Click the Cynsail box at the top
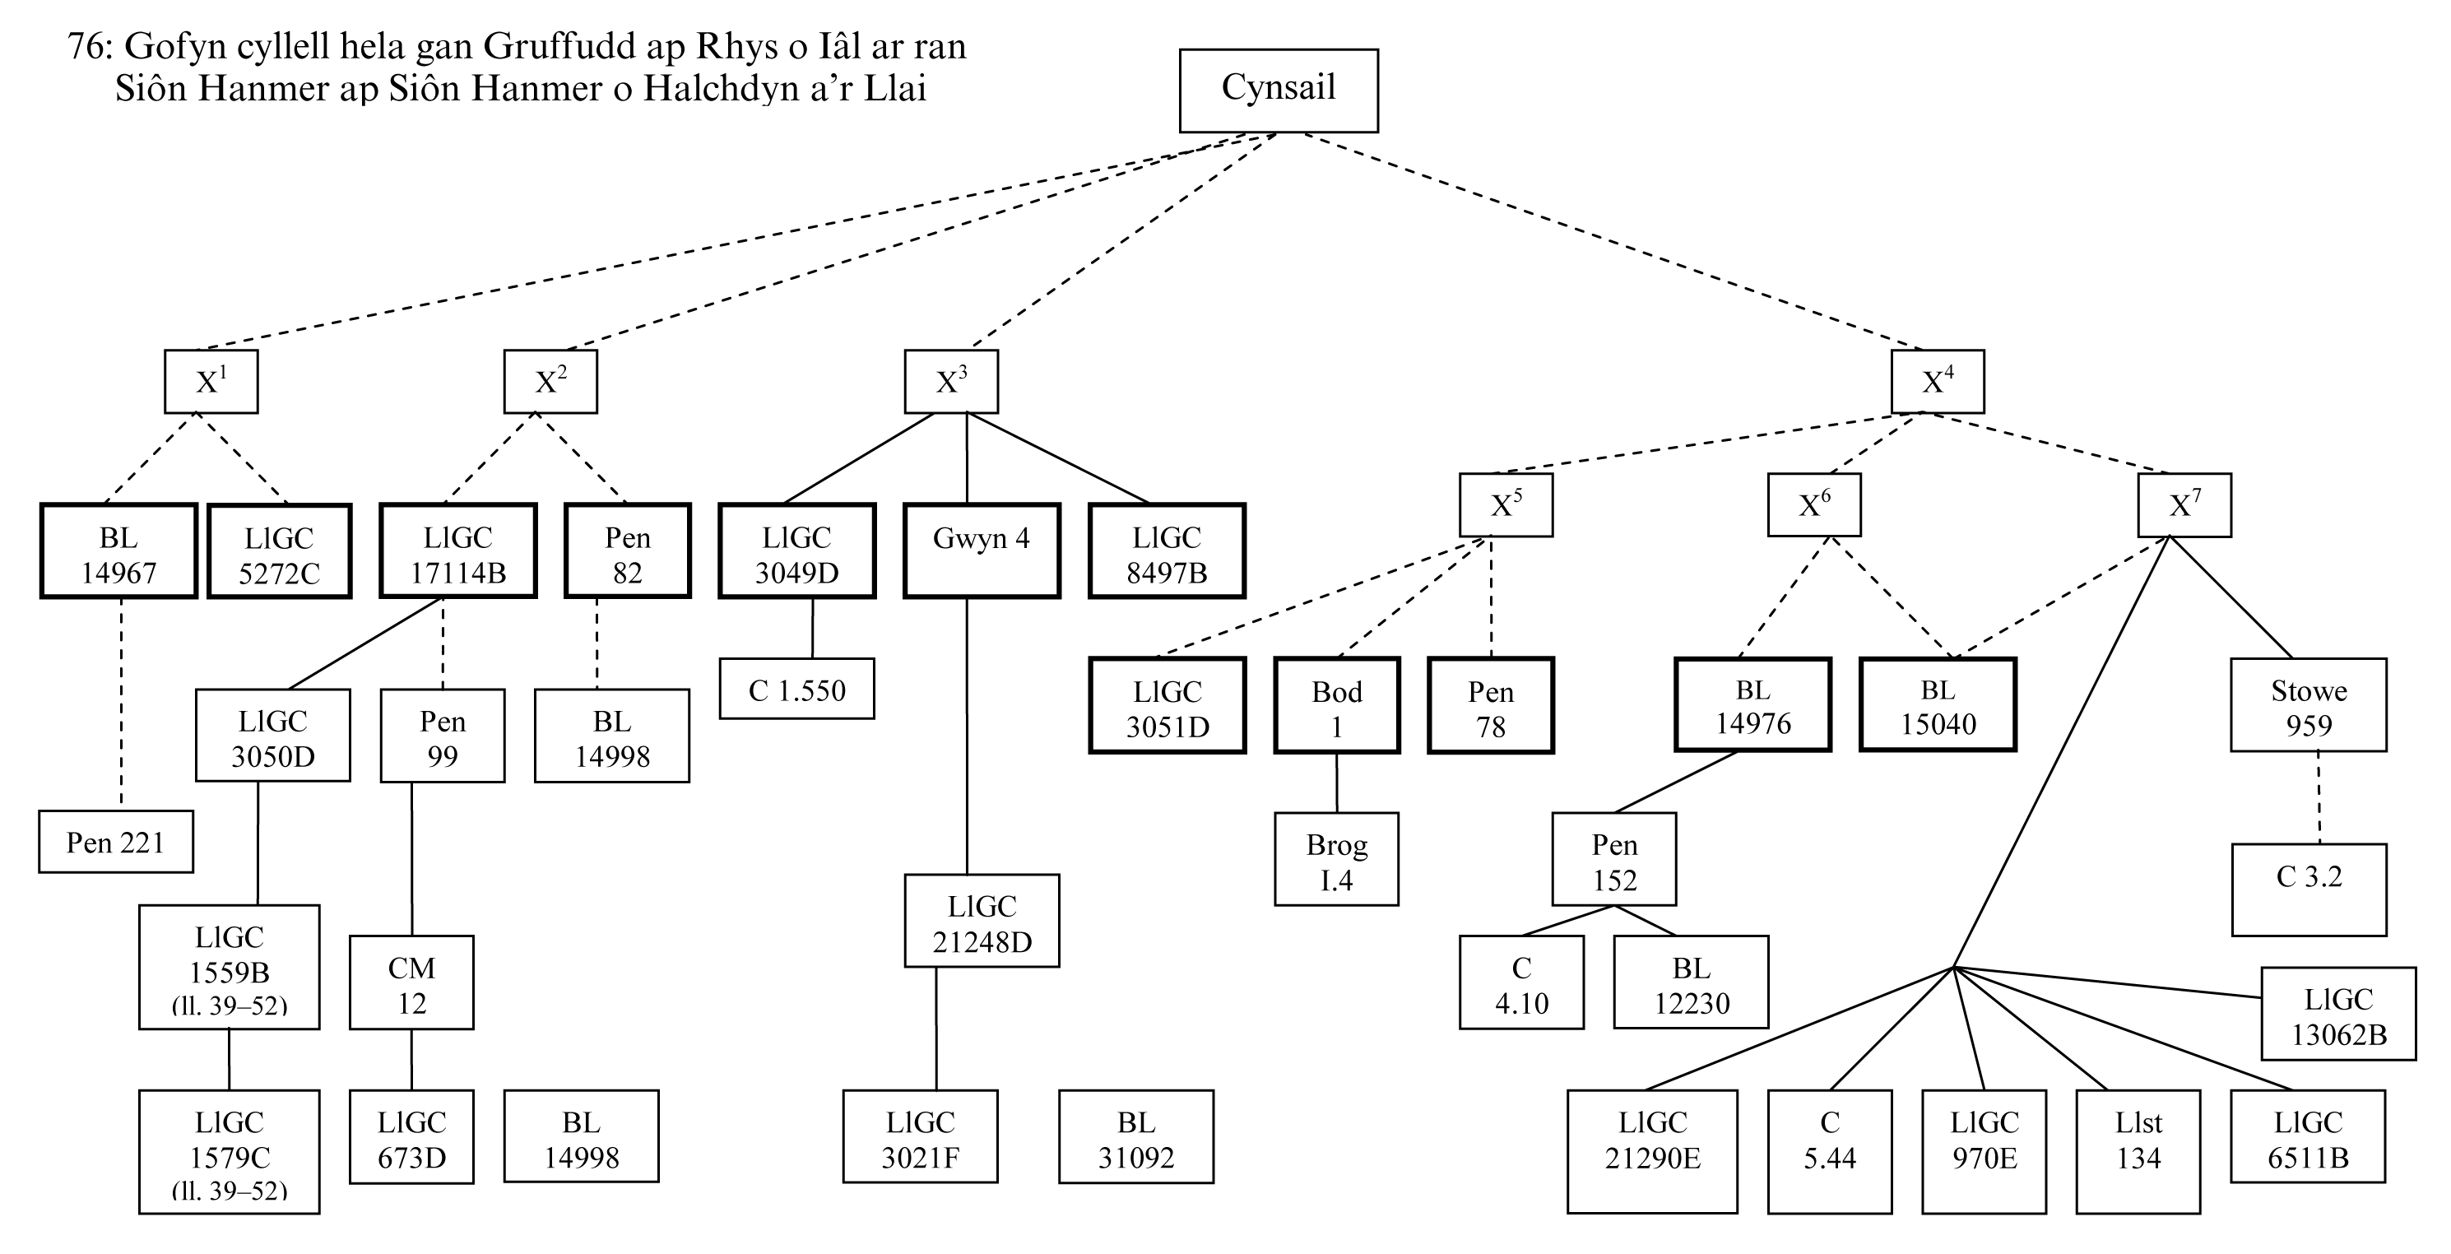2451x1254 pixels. tap(1278, 91)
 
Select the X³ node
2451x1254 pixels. tap(950, 382)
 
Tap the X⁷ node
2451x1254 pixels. tap(2184, 504)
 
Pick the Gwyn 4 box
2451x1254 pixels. tap(981, 550)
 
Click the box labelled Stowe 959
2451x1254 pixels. tap(2309, 705)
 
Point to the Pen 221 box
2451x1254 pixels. tap(115, 842)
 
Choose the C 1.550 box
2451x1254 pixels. tap(796, 689)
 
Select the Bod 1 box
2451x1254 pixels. tap(1336, 706)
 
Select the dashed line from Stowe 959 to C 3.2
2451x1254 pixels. tap(2318, 797)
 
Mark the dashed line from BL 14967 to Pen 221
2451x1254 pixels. tap(121, 704)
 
